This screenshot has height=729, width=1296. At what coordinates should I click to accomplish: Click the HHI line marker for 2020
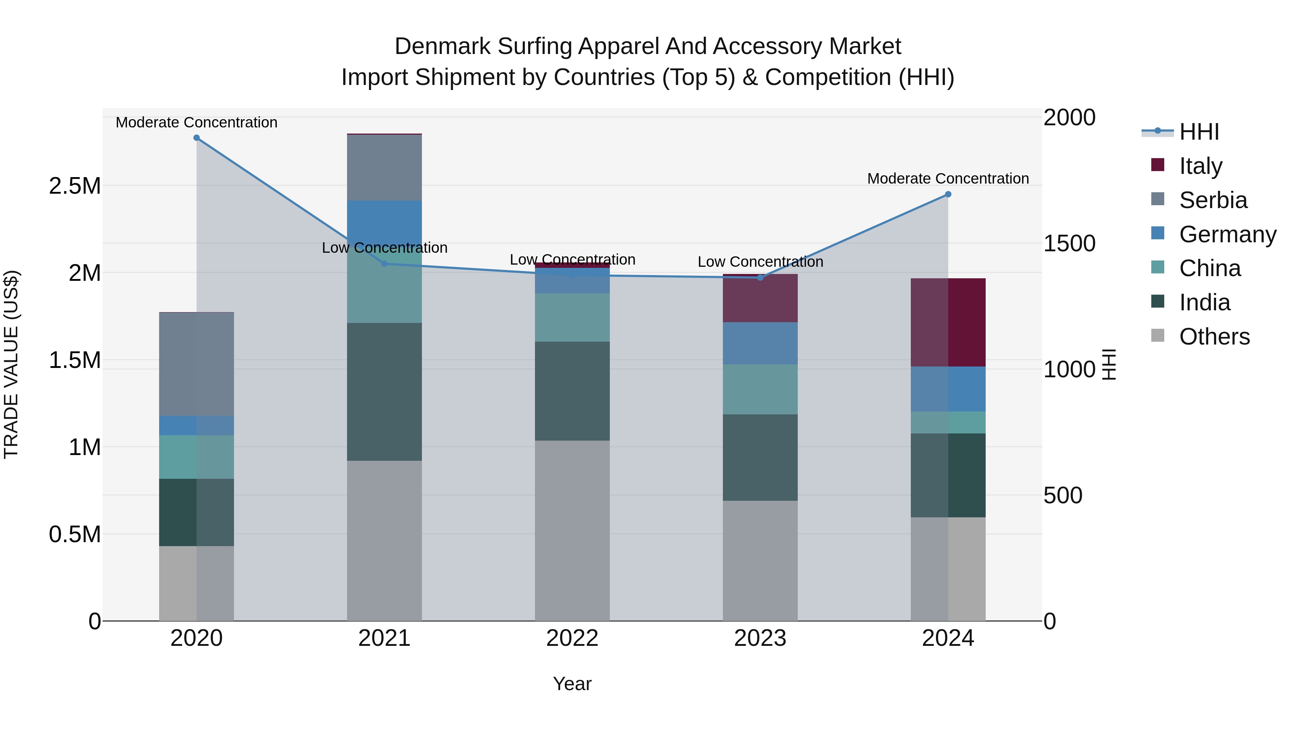197,138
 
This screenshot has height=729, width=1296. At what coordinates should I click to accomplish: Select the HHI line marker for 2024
948,194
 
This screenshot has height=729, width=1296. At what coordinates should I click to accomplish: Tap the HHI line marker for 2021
384,264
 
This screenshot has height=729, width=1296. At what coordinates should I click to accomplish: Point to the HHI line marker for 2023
760,278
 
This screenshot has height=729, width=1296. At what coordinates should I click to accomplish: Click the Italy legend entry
1200,166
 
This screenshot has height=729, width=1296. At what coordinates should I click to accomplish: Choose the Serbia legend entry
1212,200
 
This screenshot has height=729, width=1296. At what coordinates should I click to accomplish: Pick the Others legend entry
1214,337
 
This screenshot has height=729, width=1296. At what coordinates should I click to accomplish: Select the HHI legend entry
1198,132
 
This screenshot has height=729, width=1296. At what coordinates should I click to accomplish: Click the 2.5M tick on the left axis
75,186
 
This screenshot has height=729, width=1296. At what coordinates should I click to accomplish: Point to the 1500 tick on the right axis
1069,243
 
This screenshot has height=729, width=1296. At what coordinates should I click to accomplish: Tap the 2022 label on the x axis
572,638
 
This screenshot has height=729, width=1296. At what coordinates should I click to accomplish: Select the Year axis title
572,684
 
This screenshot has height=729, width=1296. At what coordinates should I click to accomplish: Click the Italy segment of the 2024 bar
948,322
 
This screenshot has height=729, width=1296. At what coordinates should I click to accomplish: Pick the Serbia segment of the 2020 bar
197,364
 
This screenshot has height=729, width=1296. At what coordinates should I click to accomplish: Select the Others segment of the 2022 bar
572,530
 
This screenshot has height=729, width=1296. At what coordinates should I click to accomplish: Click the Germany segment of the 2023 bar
760,343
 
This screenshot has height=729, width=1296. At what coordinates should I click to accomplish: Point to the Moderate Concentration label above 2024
948,179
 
